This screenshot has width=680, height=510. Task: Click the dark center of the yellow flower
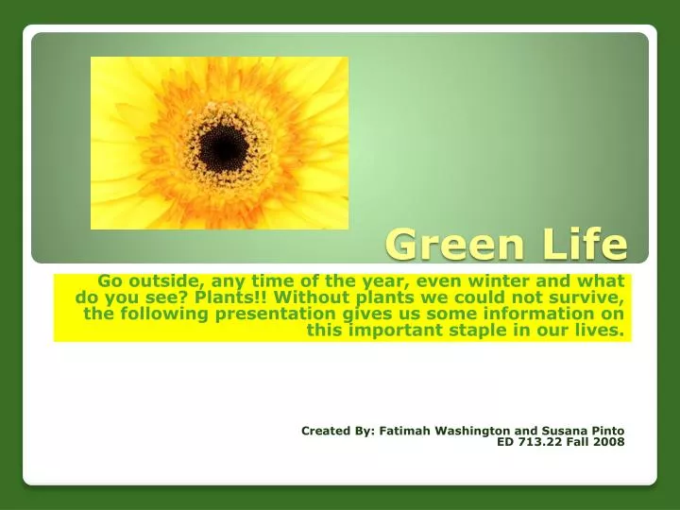point(224,147)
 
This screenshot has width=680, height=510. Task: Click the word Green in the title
point(454,245)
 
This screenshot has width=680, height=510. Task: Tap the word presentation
point(276,314)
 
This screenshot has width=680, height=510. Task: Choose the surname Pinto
point(608,431)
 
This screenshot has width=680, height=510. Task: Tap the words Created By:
point(338,431)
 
